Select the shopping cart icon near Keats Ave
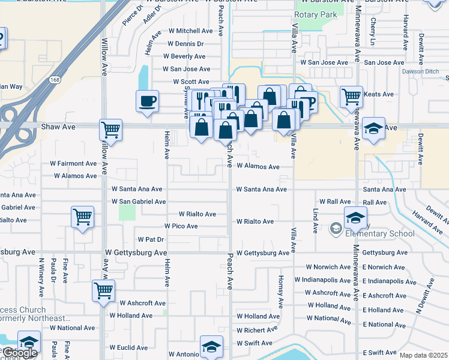pyautogui.click(x=351, y=95)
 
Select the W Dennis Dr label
pyautogui.click(x=185, y=44)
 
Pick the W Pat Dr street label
pyautogui.click(x=151, y=239)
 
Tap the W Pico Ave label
pyautogui.click(x=181, y=226)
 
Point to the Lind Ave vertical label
pyautogui.click(x=315, y=221)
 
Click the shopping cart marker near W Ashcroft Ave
pyautogui.click(x=104, y=290)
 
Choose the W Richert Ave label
pyautogui.click(x=256, y=330)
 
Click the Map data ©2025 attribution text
pyautogui.click(x=423, y=355)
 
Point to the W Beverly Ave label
pyautogui.click(x=188, y=56)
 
